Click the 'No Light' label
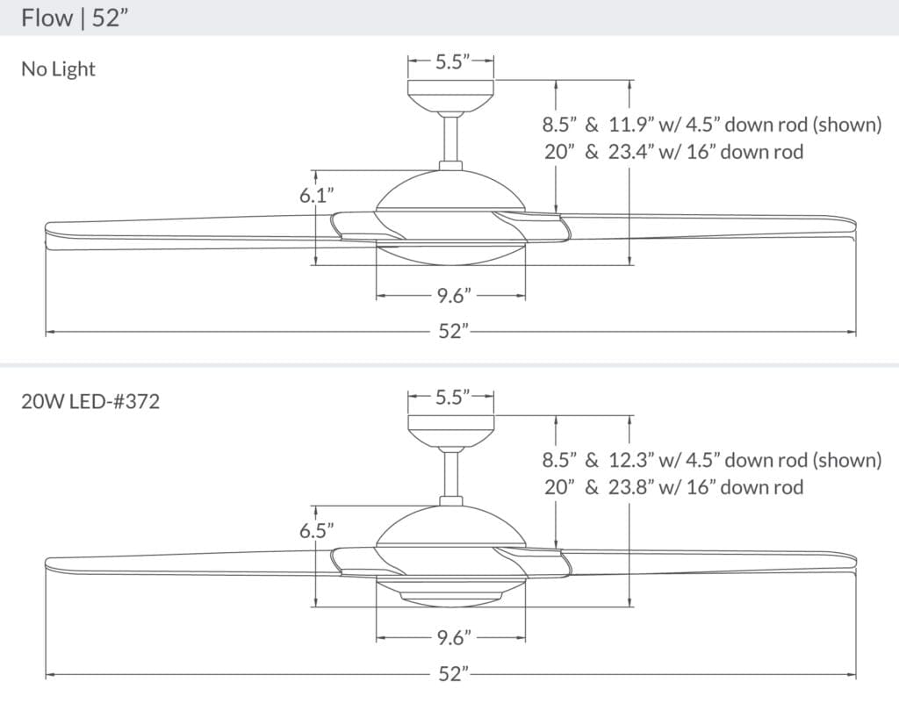[x=58, y=69]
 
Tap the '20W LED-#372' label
[x=90, y=403]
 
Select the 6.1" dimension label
[x=317, y=196]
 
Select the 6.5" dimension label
[x=316, y=530]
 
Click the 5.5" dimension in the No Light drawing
[x=452, y=61]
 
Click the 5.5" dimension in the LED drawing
[x=452, y=397]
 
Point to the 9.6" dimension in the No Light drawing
[x=450, y=296]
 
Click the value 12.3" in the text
[x=629, y=460]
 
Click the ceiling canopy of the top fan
[x=451, y=93]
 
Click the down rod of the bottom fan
[x=452, y=474]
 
